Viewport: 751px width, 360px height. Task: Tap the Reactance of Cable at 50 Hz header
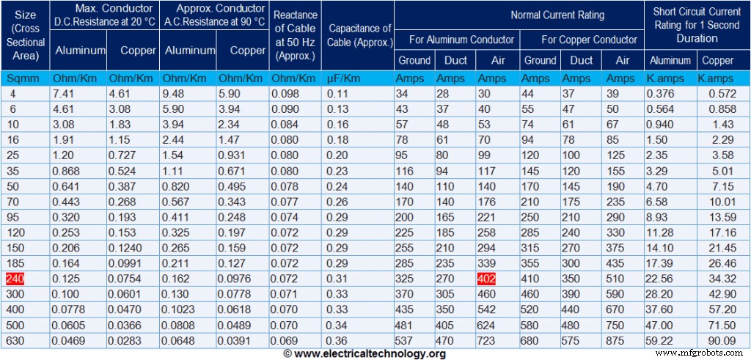[295, 35]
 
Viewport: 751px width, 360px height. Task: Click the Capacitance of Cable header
[359, 35]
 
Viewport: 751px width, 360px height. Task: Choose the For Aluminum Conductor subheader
[456, 39]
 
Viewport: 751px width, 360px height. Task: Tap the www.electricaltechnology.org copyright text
[364, 354]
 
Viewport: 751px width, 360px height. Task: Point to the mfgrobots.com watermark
[700, 353]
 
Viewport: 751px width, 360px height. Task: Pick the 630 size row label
[17, 340]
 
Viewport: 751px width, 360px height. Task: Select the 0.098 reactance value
[285, 94]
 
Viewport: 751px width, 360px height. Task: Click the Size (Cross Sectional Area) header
[25, 35]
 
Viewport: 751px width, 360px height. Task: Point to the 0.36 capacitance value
[338, 340]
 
